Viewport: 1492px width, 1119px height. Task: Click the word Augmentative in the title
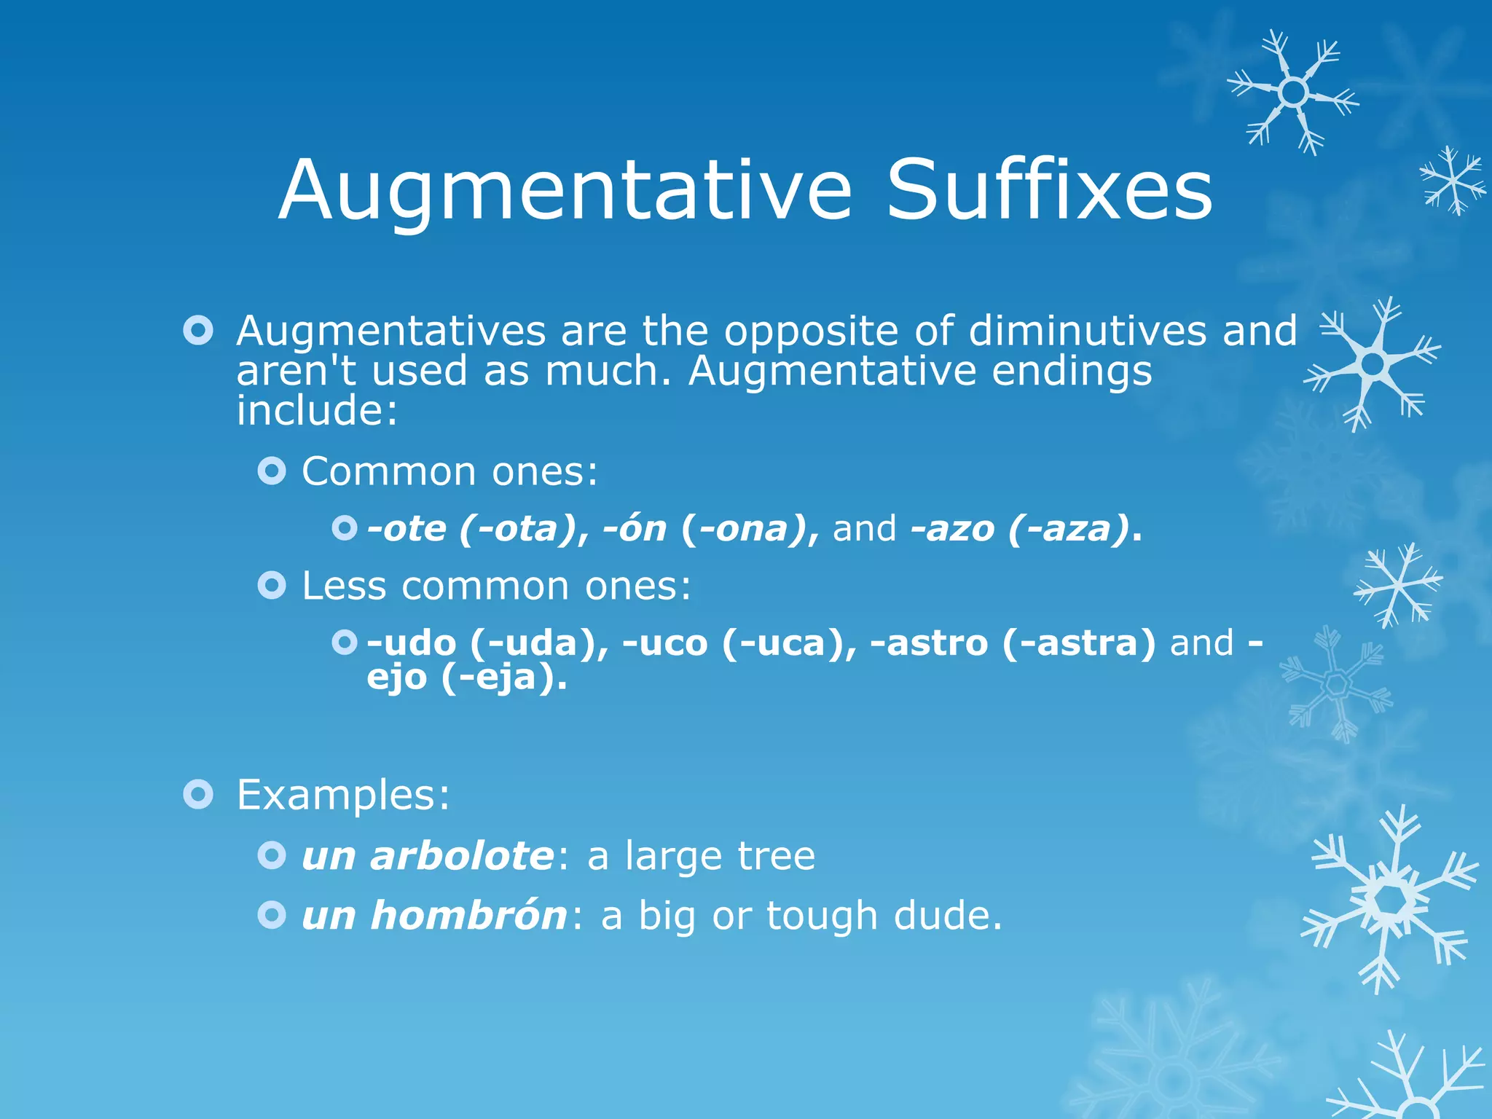[565, 191]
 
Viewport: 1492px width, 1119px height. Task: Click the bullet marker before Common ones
[272, 471]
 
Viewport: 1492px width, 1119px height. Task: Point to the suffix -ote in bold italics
[407, 528]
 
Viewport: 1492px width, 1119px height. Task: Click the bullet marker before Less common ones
[272, 585]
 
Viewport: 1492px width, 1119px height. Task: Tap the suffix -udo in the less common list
[412, 643]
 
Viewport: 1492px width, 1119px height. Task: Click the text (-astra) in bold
[1078, 643]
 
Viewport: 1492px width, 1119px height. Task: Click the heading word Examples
[342, 794]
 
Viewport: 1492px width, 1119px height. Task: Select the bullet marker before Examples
[198, 794]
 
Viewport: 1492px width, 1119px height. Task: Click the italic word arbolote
[462, 855]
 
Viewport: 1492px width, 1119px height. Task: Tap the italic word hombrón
[468, 915]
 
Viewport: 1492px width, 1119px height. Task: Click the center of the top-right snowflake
[1294, 93]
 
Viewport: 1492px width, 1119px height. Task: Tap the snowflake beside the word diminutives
[1373, 363]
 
